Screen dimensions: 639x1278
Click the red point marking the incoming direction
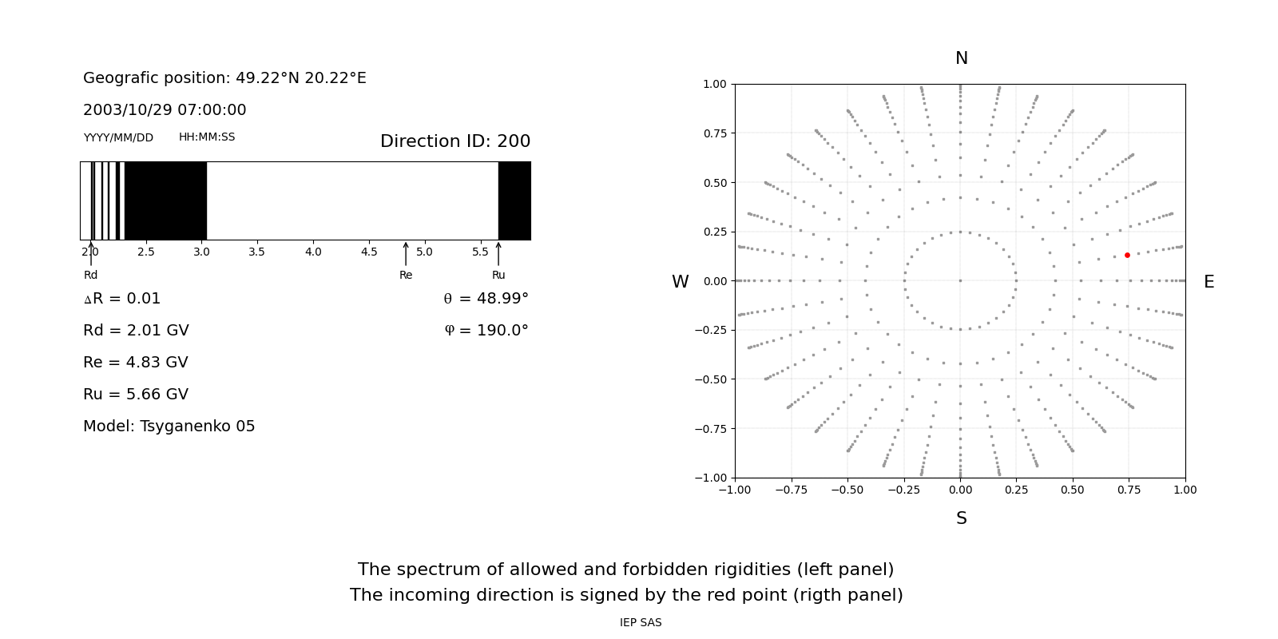(1127, 256)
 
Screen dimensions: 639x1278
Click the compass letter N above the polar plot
(962, 59)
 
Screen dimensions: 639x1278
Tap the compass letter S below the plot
(962, 519)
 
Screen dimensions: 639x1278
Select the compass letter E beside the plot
(1209, 282)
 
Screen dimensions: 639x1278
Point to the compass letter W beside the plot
(681, 282)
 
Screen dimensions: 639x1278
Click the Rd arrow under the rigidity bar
(91, 253)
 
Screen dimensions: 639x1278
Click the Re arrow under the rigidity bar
(406, 253)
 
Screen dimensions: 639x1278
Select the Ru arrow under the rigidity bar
(498, 253)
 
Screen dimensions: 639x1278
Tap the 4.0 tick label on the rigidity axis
(313, 252)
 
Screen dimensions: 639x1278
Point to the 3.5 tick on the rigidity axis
(256, 252)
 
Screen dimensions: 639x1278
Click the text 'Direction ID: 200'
(455, 141)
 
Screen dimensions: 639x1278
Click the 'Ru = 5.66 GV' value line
(136, 395)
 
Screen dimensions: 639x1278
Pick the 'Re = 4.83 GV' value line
(136, 363)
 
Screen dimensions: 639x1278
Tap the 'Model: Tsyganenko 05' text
(169, 427)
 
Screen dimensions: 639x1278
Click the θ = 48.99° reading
(486, 299)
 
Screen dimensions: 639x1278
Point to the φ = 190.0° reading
(486, 331)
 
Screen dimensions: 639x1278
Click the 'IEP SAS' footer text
(641, 623)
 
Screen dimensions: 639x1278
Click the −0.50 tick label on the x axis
(847, 490)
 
